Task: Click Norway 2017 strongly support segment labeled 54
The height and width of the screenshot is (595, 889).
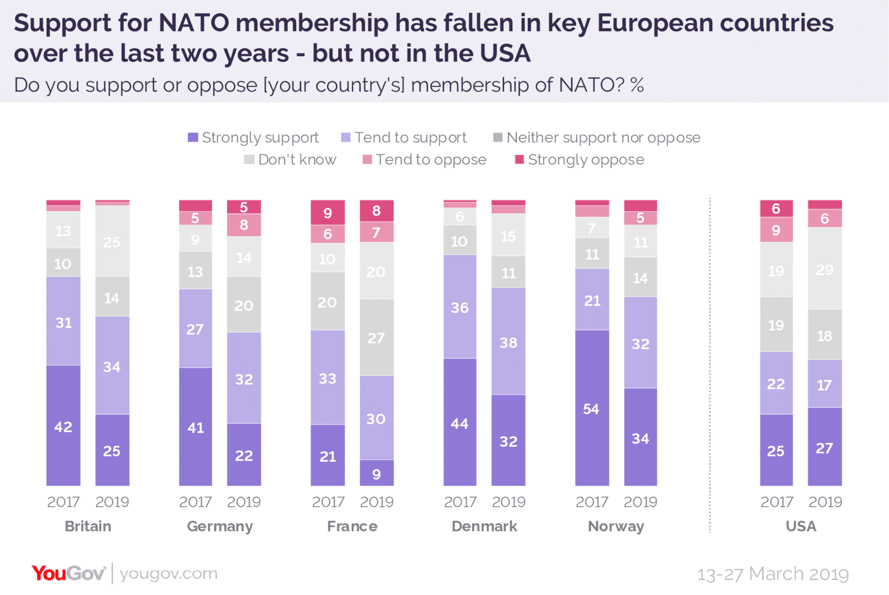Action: pos(592,408)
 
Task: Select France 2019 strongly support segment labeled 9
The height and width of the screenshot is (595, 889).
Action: pos(377,473)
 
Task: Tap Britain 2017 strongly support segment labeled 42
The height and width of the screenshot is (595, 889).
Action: pos(63,426)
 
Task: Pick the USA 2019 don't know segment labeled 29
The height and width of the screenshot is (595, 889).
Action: pos(825,269)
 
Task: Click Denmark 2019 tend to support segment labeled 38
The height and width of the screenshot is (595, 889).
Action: pos(508,342)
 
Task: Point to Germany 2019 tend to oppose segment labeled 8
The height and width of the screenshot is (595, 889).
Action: pos(244,225)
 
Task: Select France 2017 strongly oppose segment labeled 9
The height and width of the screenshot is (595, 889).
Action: pos(328,212)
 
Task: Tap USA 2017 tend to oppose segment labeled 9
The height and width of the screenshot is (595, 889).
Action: pos(776,229)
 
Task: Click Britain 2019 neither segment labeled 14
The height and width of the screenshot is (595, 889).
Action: pos(112,297)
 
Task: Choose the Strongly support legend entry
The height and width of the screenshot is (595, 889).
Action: pos(253,137)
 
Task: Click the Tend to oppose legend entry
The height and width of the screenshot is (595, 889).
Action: pos(424,160)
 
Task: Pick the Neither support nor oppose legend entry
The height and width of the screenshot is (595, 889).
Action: pos(597,137)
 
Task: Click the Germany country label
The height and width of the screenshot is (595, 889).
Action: pos(220,526)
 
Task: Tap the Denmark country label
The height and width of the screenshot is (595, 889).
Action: pos(484,526)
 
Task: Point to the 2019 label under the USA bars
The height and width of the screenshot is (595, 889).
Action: pos(825,502)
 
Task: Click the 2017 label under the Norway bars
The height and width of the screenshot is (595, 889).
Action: pos(592,502)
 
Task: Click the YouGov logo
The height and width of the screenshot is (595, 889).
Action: pos(68,573)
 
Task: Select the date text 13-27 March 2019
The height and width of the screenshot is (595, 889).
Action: pos(773,574)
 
